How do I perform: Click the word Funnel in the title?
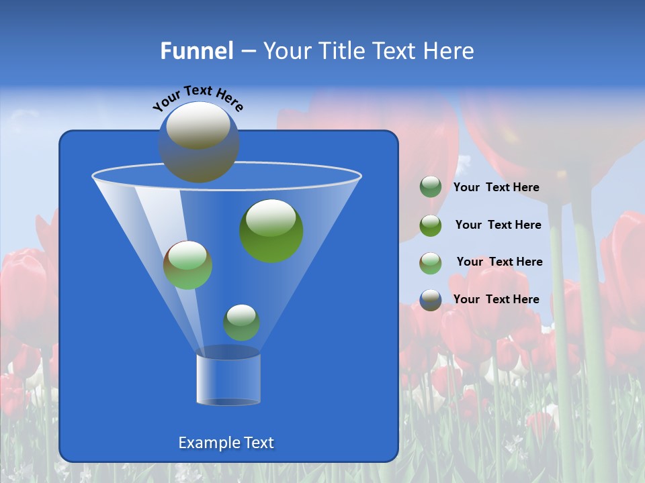197,51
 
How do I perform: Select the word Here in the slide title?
449,51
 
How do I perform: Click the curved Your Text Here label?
198,98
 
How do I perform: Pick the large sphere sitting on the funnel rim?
199,142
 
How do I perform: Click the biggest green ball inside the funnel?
271,230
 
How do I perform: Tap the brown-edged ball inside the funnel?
188,265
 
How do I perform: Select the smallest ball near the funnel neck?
241,323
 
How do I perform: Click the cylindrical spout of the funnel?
228,379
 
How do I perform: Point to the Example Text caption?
226,443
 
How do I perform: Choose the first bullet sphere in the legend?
431,187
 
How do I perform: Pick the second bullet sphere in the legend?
431,225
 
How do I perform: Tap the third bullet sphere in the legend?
431,262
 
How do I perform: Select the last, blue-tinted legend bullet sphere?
431,300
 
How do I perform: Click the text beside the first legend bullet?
497,188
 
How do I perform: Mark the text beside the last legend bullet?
497,299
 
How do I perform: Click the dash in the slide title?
247,51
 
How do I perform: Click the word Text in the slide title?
396,51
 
